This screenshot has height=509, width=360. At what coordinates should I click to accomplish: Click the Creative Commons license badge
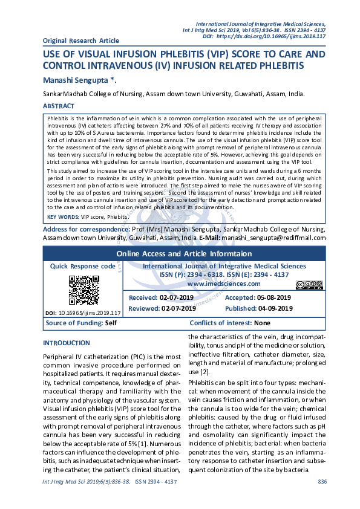point(309,285)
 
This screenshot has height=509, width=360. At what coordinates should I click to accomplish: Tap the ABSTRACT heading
point(59,106)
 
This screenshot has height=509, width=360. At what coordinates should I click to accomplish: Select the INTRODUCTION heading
point(67,343)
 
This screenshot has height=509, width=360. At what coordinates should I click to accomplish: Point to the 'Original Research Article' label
point(81,41)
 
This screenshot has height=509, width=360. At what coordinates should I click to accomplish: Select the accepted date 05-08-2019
point(274,297)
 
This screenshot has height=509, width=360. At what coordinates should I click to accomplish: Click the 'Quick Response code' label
point(82,266)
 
